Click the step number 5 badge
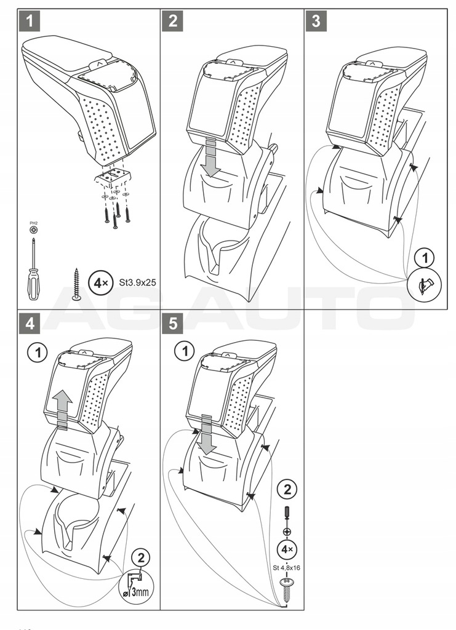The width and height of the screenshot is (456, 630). pos(173,323)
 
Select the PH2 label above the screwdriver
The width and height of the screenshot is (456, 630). pos(34,223)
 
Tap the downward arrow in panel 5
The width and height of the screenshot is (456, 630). pos(207,434)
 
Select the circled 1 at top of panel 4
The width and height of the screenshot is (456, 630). pos(38,353)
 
